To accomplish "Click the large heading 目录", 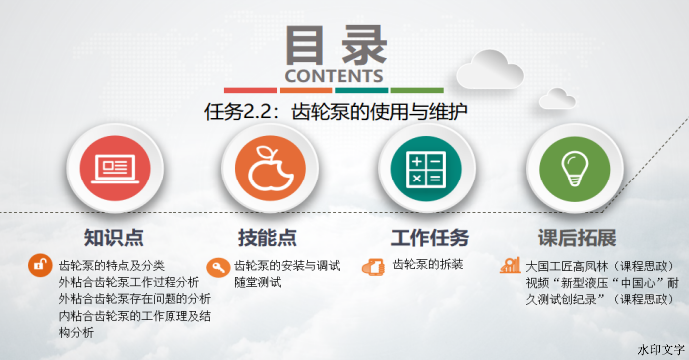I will [334, 44].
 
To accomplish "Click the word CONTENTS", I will [334, 76].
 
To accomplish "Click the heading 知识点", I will [112, 238].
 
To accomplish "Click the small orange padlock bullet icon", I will [40, 266].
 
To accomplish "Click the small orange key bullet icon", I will [218, 266].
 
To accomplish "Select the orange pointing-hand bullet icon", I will [373, 266].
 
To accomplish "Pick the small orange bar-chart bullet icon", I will [511, 266].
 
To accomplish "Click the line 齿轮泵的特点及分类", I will [112, 266].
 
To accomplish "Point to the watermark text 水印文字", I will [660, 350].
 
